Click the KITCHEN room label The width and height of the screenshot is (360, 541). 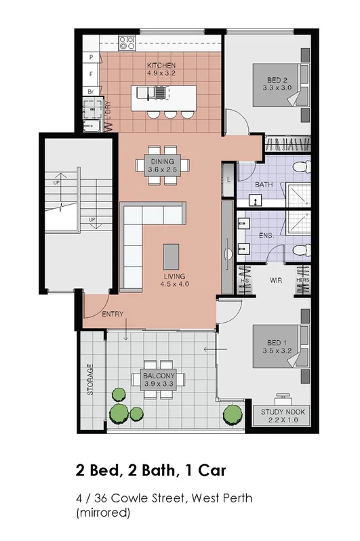pyautogui.click(x=161, y=66)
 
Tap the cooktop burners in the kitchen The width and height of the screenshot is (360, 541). pyautogui.click(x=127, y=43)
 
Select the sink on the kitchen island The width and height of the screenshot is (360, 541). pyautogui.click(x=159, y=92)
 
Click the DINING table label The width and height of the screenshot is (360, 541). pyautogui.click(x=163, y=161)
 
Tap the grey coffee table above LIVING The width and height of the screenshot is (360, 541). pyautogui.click(x=172, y=256)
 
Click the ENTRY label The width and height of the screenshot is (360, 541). pyautogui.click(x=112, y=315)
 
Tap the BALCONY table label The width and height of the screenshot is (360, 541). pyautogui.click(x=159, y=376)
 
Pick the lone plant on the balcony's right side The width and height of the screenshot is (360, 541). pyautogui.click(x=233, y=412)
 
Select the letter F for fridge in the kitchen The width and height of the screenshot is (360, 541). pyautogui.click(x=89, y=73)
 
